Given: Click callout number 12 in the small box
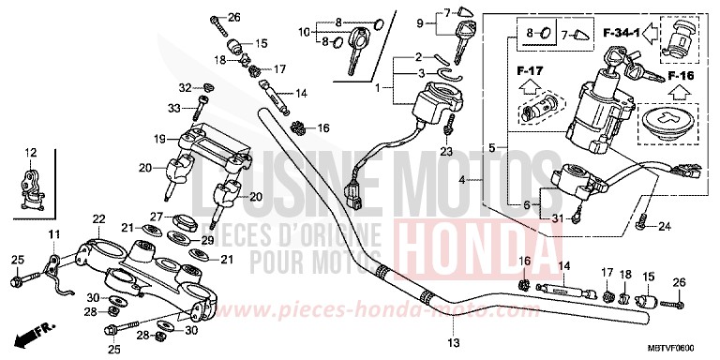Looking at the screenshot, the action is pos(31,152).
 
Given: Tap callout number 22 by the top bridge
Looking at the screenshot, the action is pos(97,219).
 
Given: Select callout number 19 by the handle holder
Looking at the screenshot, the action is pos(160,139).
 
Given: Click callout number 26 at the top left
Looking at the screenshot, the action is pos(234,17).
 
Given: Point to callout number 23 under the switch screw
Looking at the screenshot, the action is pos(445,150).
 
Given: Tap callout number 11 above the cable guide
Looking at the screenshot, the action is pos(52,233).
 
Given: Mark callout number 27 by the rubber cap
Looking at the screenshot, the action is pos(157,217).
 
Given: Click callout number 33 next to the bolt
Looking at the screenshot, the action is pos(173,109).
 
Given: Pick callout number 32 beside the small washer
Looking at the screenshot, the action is pos(186,87).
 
